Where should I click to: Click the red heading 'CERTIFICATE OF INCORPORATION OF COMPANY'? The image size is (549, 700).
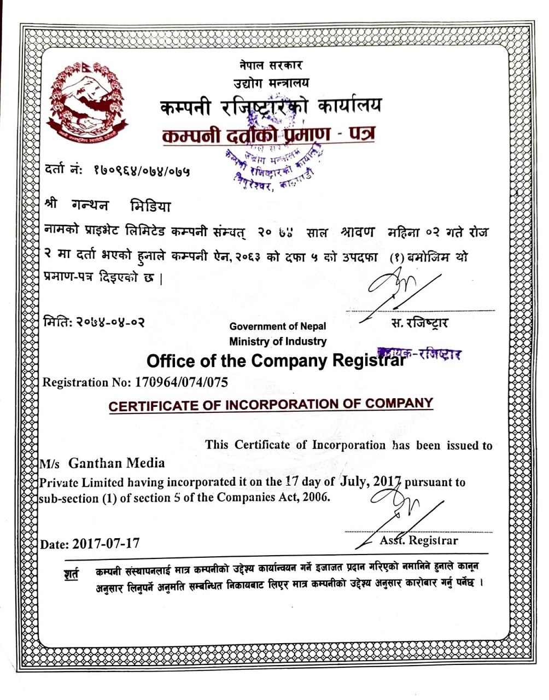tap(271, 405)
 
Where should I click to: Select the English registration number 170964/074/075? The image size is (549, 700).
tap(180, 382)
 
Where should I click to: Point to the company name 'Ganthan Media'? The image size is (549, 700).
tap(116, 463)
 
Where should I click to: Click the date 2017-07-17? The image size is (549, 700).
tap(106, 544)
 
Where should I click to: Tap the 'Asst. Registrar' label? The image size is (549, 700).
tap(419, 540)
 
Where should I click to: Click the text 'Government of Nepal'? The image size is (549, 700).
tap(277, 326)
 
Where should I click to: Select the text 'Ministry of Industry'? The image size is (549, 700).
tap(278, 341)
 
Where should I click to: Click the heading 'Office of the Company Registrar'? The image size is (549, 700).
tap(276, 361)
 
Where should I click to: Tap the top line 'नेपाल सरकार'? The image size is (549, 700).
tap(271, 65)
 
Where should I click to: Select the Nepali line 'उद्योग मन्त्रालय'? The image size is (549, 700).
tap(271, 83)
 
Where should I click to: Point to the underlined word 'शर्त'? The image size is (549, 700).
tap(71, 574)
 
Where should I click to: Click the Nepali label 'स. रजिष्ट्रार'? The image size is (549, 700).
tap(420, 323)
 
